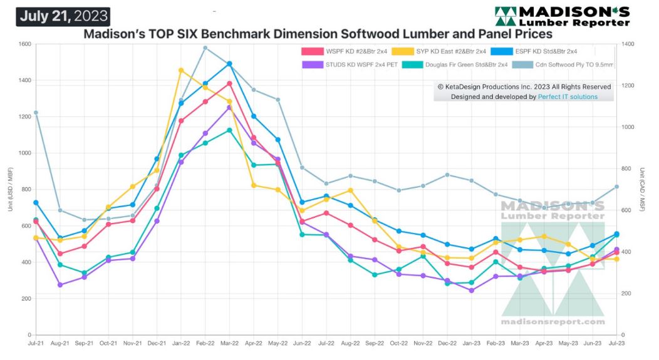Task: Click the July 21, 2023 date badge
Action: (x=63, y=16)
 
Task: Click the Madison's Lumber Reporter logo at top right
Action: (x=563, y=16)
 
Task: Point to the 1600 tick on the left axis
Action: (x=24, y=44)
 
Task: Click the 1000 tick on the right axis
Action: (x=629, y=127)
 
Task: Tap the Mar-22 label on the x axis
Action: (x=229, y=344)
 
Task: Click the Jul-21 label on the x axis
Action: (x=36, y=344)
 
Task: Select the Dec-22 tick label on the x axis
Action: (x=447, y=344)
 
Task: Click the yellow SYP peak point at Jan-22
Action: (x=181, y=70)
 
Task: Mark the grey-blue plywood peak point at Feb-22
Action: (x=205, y=48)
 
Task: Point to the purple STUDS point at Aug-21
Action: (x=60, y=285)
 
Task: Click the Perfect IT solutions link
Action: (x=568, y=97)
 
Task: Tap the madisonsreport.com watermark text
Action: (x=553, y=322)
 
